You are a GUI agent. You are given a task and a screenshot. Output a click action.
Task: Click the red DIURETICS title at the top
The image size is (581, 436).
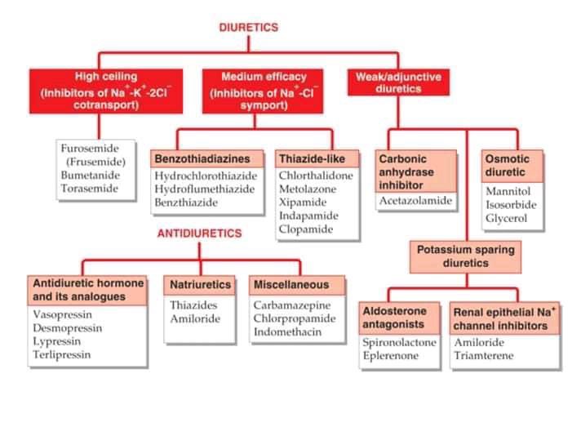pyautogui.click(x=249, y=27)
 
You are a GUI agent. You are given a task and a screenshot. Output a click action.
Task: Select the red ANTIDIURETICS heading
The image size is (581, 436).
pyautogui.click(x=199, y=233)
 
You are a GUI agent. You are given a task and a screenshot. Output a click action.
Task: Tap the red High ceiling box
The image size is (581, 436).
pyautogui.click(x=106, y=90)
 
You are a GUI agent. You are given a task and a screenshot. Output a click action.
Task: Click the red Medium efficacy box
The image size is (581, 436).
pyautogui.click(x=253, y=90)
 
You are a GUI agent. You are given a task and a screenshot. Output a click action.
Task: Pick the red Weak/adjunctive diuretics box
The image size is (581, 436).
pyautogui.click(x=399, y=82)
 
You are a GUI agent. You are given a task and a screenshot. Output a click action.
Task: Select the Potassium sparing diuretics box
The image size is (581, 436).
pyautogui.click(x=466, y=256)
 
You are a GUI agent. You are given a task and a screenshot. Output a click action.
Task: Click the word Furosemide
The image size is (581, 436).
pyautogui.click(x=90, y=149)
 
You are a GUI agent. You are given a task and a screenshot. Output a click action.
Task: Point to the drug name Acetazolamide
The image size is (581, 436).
pyautogui.click(x=415, y=201)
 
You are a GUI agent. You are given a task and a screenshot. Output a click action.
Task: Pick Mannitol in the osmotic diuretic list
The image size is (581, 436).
pyautogui.click(x=508, y=192)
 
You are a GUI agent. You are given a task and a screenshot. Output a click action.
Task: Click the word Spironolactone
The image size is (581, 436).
pyautogui.click(x=399, y=343)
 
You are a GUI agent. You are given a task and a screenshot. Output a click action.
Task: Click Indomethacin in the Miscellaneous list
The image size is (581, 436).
pyautogui.click(x=287, y=332)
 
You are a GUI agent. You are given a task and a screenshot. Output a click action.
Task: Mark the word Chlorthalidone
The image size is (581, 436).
pyautogui.click(x=316, y=176)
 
